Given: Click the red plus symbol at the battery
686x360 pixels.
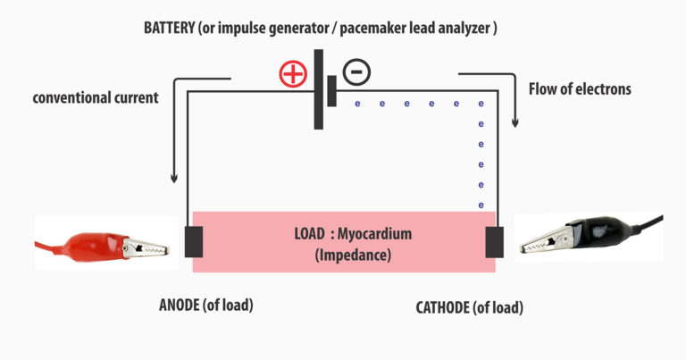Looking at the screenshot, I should (293, 75).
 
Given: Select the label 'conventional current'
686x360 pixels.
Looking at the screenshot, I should (96, 97).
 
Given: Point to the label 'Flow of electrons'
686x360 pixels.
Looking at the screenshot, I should (580, 88).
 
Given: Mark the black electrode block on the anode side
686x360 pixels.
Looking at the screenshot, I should (193, 241).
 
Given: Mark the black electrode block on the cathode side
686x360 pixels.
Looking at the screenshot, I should (494, 241).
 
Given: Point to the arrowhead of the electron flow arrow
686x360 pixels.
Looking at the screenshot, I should (514, 123).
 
